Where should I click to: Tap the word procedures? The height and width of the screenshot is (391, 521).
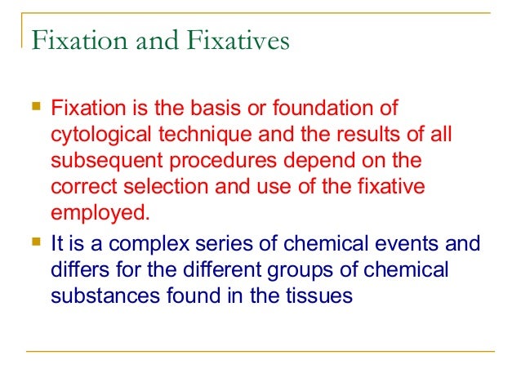tap(217, 161)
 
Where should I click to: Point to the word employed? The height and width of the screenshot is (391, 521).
tap(100, 214)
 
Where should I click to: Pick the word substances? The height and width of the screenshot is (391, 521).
tap(102, 295)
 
